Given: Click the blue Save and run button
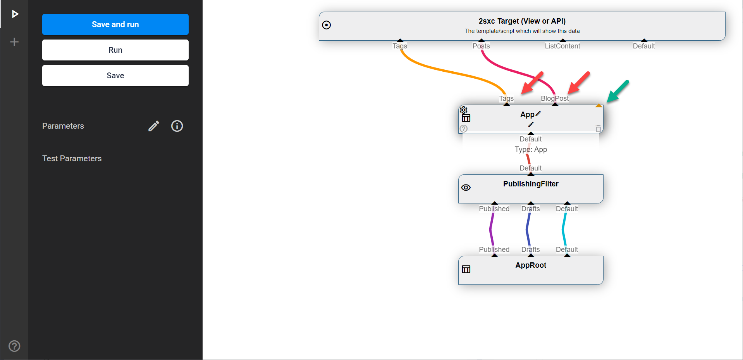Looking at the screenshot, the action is click(x=115, y=24).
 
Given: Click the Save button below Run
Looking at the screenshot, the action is click(x=115, y=76).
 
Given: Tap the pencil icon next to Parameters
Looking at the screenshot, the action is click(x=154, y=126).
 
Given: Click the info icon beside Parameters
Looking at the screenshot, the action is click(x=177, y=126).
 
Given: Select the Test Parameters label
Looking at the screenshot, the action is click(x=72, y=158).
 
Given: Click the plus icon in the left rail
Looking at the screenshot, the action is click(x=14, y=42).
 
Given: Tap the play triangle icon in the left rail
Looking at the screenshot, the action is click(x=15, y=14).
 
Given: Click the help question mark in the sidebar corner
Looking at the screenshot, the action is click(x=14, y=346).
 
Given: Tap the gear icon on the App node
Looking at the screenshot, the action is click(x=464, y=110).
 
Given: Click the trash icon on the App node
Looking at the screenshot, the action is click(x=598, y=129).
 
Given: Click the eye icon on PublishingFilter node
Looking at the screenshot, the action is click(x=466, y=188).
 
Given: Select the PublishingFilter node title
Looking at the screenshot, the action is click(x=531, y=184).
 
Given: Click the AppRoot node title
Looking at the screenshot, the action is click(x=531, y=265).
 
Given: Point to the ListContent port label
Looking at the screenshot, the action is click(x=562, y=46).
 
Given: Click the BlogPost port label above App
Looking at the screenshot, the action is click(x=555, y=98).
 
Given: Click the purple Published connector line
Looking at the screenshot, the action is click(x=492, y=229).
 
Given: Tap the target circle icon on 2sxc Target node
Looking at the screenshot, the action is click(x=327, y=25).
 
